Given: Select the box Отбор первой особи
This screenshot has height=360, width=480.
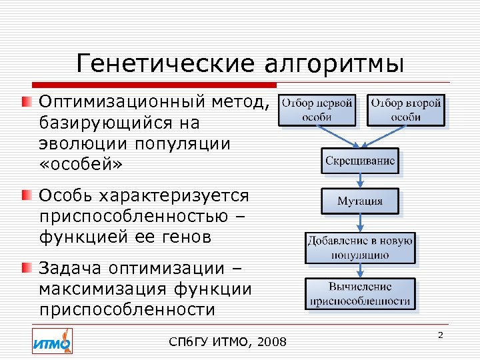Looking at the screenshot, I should tap(317, 110).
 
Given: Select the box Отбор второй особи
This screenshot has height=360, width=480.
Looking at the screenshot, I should tap(405, 110).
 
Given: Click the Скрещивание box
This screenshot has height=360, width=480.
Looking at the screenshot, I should tap(360, 161).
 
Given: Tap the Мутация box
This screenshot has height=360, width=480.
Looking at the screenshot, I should tap(360, 201).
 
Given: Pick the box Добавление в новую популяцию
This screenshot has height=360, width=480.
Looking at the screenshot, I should tap(360, 247).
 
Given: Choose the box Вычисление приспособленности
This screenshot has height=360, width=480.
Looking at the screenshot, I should tap(360, 294).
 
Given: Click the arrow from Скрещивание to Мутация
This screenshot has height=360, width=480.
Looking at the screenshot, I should tap(360, 181).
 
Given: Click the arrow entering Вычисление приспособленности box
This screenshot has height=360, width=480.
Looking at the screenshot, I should tap(360, 271).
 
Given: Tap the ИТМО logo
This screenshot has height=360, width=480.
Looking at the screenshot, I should tap(52, 341).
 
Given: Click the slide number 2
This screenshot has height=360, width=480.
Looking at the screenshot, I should tap(440, 335).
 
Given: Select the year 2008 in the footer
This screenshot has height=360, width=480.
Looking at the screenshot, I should tap(271, 343).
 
